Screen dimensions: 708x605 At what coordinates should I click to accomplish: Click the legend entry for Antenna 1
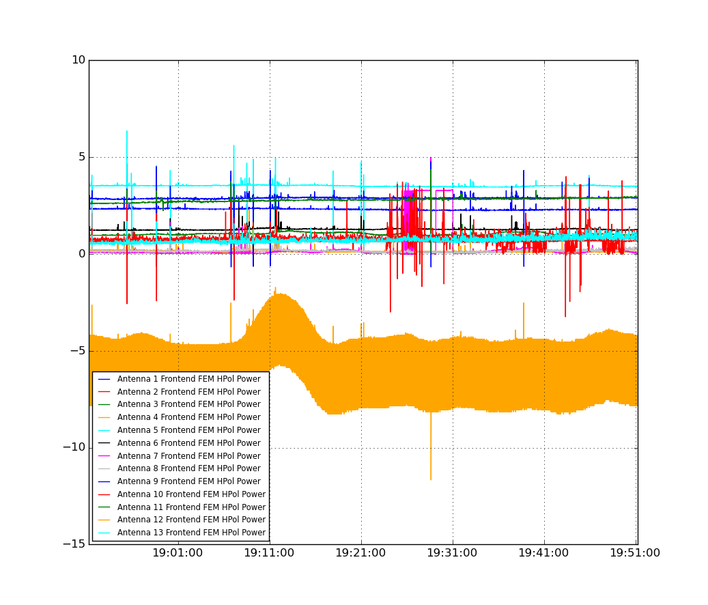pos(188,379)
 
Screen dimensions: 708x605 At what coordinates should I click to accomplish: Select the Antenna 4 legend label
pos(188,417)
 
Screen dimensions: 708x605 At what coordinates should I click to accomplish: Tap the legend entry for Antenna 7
pos(188,456)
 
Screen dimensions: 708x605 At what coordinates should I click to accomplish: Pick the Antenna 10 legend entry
pos(191,494)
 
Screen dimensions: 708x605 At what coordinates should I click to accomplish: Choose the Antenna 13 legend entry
pos(191,533)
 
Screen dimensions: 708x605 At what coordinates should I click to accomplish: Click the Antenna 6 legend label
pos(188,443)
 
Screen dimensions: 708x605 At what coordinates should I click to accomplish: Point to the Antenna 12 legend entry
pos(191,520)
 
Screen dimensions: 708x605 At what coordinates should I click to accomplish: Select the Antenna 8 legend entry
pos(188,468)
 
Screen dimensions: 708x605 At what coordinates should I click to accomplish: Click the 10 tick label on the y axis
pos(79,60)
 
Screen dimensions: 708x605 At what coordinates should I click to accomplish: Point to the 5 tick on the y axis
pos(82,157)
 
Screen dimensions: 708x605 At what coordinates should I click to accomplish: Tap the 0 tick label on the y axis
pos(82,254)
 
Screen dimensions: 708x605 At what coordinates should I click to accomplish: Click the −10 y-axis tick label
pos(74,447)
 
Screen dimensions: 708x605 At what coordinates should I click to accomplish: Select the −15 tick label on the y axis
pos(74,544)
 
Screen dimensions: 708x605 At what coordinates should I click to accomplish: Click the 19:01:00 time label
pos(178,553)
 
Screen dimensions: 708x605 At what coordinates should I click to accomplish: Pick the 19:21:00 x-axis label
pos(360,553)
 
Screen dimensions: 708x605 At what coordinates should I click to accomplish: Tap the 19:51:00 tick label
pos(635,553)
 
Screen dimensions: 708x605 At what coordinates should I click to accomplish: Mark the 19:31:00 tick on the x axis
pos(452,553)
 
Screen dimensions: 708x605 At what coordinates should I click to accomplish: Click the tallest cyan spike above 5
pos(127,131)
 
